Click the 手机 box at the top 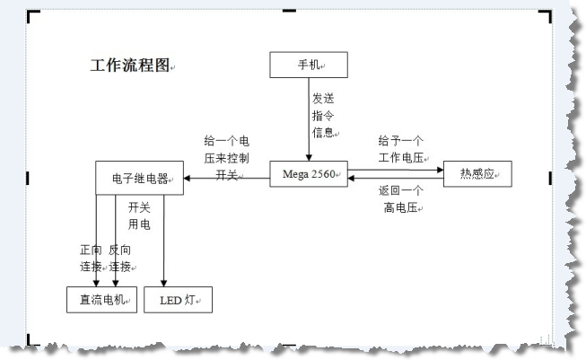[x=308, y=65]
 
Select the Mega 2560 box [x=309, y=173]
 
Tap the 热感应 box [x=477, y=173]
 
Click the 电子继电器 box [x=140, y=178]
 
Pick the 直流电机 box [x=101, y=300]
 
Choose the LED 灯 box [x=178, y=300]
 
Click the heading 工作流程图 [x=129, y=66]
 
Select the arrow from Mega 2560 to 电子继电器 [x=228, y=179]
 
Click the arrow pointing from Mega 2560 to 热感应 [x=395, y=169]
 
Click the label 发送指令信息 [x=323, y=115]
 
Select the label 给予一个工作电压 [x=400, y=149]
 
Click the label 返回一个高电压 [x=400, y=199]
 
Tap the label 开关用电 [x=139, y=215]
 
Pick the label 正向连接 [x=91, y=258]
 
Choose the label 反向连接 [x=120, y=258]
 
